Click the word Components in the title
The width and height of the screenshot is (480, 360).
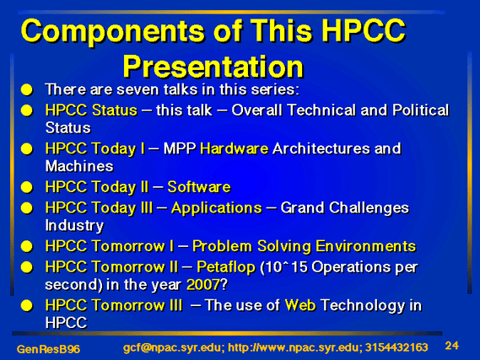(113, 32)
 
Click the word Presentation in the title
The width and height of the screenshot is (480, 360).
(213, 67)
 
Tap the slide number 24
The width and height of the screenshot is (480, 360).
(452, 346)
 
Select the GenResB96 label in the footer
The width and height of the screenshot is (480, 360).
(48, 349)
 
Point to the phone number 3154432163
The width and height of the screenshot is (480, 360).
(396, 347)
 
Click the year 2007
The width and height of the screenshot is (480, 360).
(203, 284)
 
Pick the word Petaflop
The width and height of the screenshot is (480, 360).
(226, 267)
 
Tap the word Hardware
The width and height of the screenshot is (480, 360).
(235, 148)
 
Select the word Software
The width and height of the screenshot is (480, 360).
(199, 187)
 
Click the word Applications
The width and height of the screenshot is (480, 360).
(217, 208)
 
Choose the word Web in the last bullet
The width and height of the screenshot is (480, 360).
(300, 305)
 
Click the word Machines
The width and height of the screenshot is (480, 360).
(79, 166)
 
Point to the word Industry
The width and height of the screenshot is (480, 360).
(74, 226)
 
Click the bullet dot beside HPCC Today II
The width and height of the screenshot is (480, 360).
(27, 187)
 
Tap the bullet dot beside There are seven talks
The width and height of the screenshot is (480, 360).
(27, 90)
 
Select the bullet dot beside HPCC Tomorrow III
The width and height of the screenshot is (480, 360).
(27, 305)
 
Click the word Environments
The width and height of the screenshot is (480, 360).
(366, 246)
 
